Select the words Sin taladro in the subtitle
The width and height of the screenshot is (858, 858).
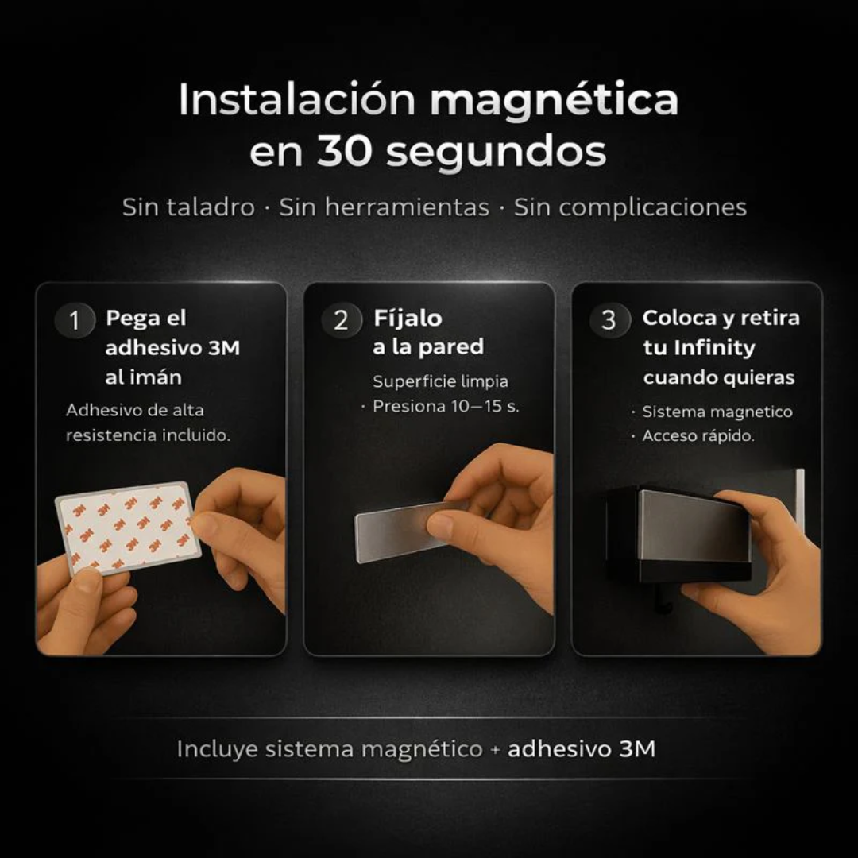(x=188, y=207)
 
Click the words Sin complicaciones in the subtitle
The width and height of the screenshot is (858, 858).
(x=630, y=207)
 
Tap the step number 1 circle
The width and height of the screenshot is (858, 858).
(x=75, y=321)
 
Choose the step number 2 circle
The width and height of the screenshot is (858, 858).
(x=342, y=321)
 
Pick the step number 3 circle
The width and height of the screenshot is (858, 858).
(x=609, y=321)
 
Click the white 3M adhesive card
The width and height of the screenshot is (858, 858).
(x=127, y=527)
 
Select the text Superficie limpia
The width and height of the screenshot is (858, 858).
(x=440, y=382)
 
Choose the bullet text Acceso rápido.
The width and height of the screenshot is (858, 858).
(x=698, y=436)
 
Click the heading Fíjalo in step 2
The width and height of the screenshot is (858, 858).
(x=408, y=319)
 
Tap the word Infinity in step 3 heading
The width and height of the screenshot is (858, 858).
(x=714, y=348)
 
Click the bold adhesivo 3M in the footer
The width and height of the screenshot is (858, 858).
(x=582, y=749)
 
